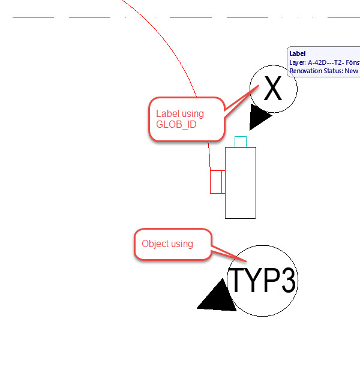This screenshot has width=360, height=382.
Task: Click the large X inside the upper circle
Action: [x=272, y=89]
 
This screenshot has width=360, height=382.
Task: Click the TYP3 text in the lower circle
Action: [x=263, y=280]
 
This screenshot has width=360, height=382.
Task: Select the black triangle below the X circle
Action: [x=259, y=118]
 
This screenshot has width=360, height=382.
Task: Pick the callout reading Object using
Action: [x=173, y=244]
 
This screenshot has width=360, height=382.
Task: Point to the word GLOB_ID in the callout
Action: [x=176, y=125]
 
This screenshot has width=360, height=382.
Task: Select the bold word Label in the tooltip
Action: [x=298, y=53]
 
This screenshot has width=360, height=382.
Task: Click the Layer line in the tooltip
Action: [x=324, y=62]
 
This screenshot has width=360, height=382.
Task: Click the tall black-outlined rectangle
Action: [x=241, y=183]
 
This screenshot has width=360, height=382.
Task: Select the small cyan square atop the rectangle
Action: [x=241, y=142]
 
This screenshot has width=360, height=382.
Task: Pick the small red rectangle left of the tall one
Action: [x=217, y=182]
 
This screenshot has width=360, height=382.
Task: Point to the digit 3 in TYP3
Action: [x=288, y=281]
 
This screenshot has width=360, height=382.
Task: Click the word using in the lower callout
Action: [x=182, y=244]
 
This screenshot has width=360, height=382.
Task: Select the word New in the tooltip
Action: [x=352, y=71]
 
